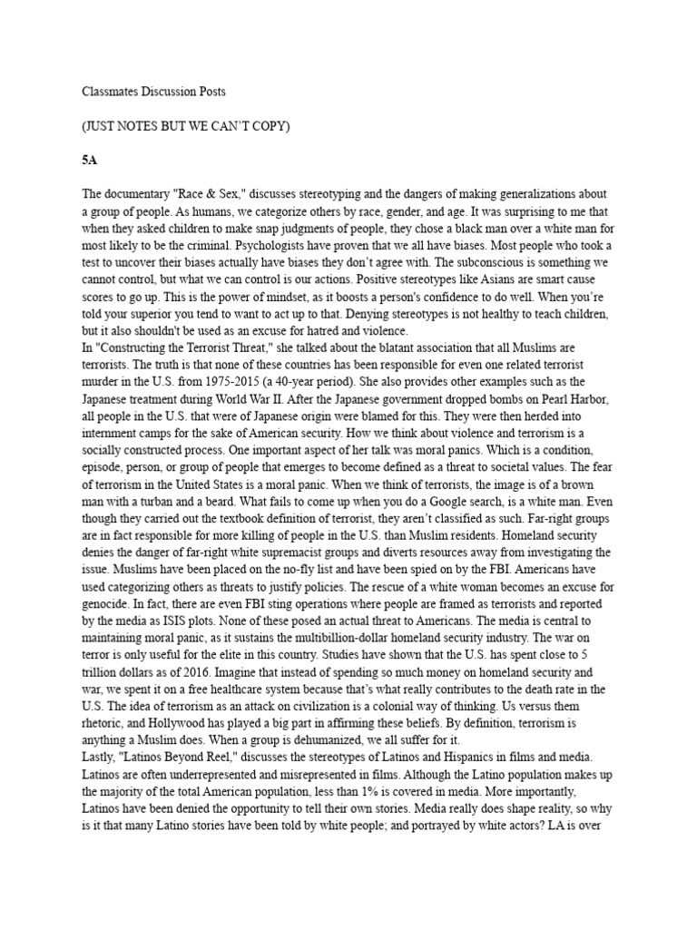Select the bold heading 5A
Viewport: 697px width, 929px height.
click(89, 160)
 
